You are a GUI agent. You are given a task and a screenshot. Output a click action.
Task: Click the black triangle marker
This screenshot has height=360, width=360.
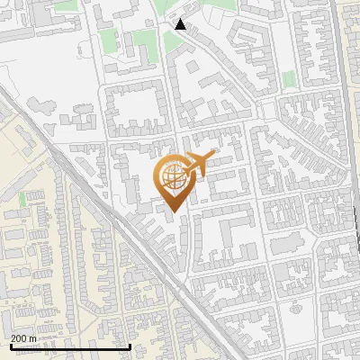180,24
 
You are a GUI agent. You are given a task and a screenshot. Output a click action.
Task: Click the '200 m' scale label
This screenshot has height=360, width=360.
23,337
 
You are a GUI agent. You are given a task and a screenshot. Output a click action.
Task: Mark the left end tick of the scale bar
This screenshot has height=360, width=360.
10,346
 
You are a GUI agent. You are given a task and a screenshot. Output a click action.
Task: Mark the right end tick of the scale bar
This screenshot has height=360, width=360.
130,346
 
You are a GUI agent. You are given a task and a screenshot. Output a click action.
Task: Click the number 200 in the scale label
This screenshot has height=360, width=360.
19,337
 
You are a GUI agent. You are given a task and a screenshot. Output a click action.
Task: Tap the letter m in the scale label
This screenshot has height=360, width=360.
32,337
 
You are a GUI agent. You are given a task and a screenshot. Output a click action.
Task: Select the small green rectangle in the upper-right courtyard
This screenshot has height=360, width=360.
290,79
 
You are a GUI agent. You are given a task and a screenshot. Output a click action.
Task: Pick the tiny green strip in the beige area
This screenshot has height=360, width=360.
22,197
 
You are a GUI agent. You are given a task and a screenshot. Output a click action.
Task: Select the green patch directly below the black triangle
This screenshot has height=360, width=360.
173,42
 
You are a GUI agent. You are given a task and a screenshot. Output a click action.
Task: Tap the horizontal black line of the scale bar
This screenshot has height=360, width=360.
70,346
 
